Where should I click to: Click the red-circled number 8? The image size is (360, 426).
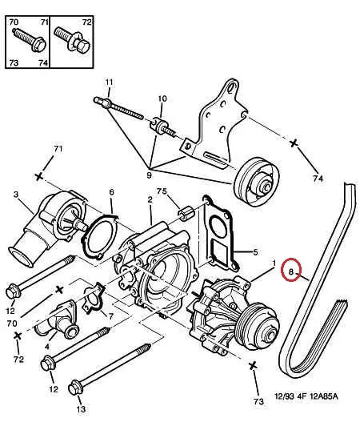click(x=291, y=271)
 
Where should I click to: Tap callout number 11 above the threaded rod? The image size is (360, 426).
click(x=109, y=82)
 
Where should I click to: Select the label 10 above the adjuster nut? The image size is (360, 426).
click(x=162, y=98)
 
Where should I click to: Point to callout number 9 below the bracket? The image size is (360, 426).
click(x=149, y=175)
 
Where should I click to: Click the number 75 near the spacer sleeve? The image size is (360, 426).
click(x=162, y=191)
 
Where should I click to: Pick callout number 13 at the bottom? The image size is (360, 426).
click(x=81, y=409)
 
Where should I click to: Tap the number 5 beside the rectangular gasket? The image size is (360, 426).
click(x=255, y=252)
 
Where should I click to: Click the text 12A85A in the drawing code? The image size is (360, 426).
click(x=325, y=396)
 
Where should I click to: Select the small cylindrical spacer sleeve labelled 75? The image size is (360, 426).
click(x=186, y=213)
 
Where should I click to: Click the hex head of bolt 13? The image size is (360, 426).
click(x=75, y=389)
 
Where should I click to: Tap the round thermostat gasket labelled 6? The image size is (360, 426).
click(x=99, y=236)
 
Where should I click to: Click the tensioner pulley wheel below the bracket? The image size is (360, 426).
click(x=256, y=183)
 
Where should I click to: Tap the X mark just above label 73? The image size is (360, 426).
click(x=253, y=366)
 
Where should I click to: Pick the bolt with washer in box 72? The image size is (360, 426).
click(x=72, y=42)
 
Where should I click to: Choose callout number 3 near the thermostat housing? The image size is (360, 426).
click(x=16, y=195)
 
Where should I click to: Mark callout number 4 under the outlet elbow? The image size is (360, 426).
click(x=47, y=347)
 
